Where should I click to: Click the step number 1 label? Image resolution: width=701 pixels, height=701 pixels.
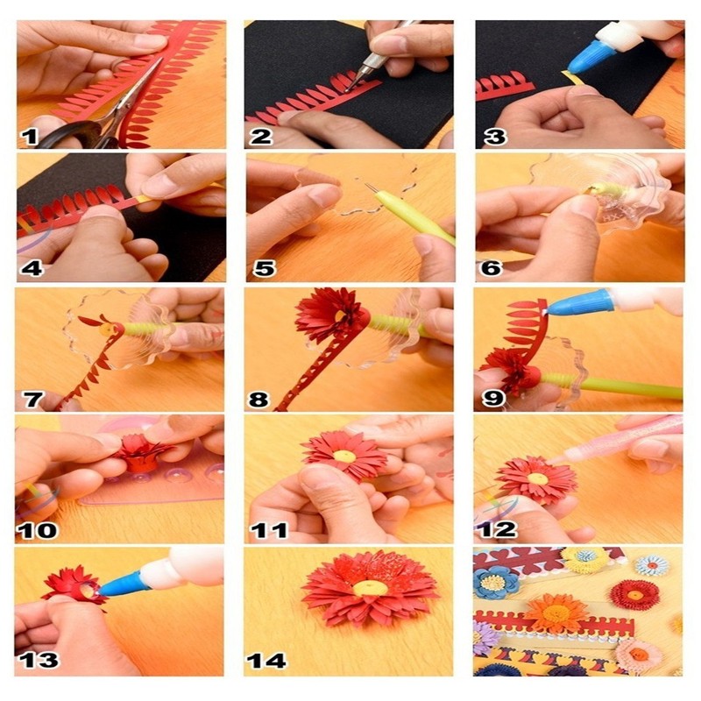click(x=31, y=136)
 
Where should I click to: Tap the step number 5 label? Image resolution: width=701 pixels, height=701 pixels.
click(x=264, y=268)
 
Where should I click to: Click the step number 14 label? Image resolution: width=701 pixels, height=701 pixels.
click(x=268, y=660)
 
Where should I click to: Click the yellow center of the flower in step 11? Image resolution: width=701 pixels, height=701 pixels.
click(x=344, y=456)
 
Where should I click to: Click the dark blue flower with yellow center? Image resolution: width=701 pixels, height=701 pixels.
click(x=496, y=582)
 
